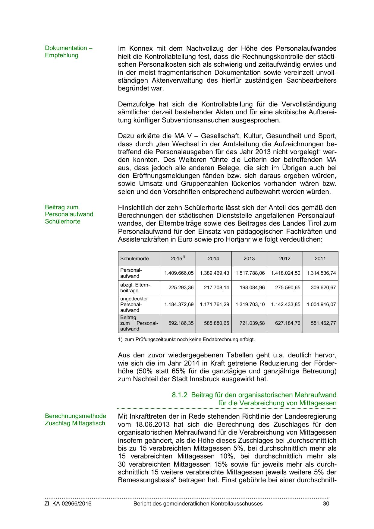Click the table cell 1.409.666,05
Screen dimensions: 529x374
[x=179, y=273]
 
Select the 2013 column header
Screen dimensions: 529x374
[x=249, y=258]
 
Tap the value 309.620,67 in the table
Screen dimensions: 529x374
[x=323, y=287]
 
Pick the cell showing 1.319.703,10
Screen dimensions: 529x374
[x=250, y=304]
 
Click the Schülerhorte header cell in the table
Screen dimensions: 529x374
[x=134, y=258]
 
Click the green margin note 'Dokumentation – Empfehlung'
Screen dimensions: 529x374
[x=68, y=52]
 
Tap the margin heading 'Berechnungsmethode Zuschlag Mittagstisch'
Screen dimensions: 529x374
[x=75, y=420]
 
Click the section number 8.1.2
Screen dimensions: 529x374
[x=180, y=395]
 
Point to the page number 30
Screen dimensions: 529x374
[x=326, y=504]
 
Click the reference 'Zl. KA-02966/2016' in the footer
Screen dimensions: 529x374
[x=68, y=504]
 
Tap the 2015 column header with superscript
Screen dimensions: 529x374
[x=178, y=258]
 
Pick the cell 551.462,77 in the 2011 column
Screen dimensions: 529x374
[x=323, y=323]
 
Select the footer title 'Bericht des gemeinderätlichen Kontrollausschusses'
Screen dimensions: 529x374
[x=198, y=504]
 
